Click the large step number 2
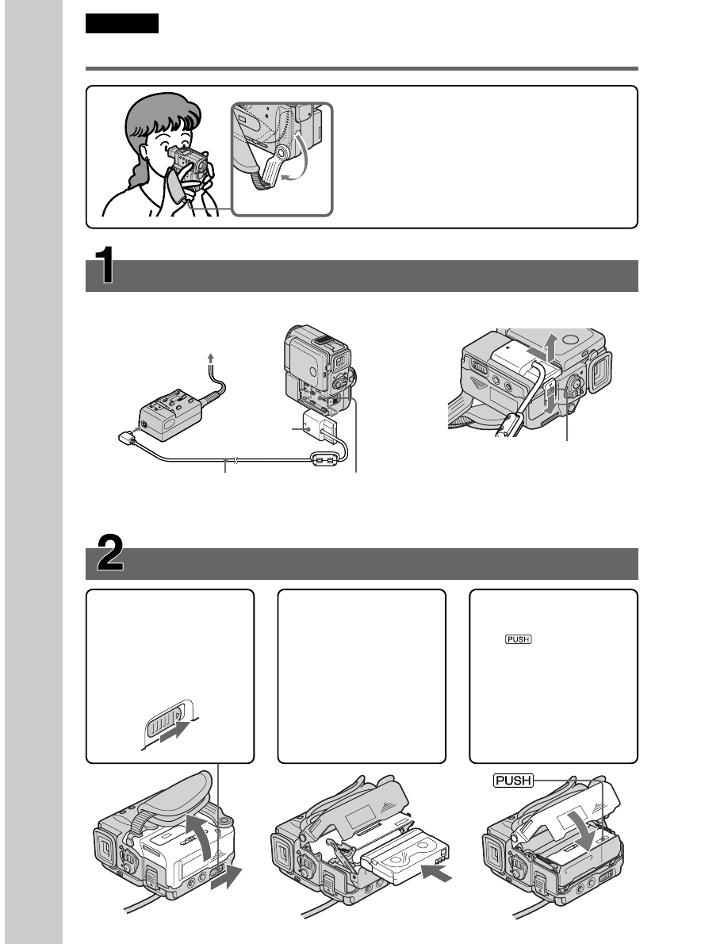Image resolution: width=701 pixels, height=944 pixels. (x=110, y=553)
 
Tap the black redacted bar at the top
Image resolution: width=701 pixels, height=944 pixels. (x=122, y=24)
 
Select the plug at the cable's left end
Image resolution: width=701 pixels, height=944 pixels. (x=125, y=438)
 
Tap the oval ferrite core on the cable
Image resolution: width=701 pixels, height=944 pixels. (x=324, y=460)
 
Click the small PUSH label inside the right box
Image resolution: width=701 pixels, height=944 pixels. (x=519, y=639)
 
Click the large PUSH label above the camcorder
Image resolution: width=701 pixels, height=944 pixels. (x=513, y=781)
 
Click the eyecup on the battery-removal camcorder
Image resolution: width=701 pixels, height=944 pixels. (x=600, y=372)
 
